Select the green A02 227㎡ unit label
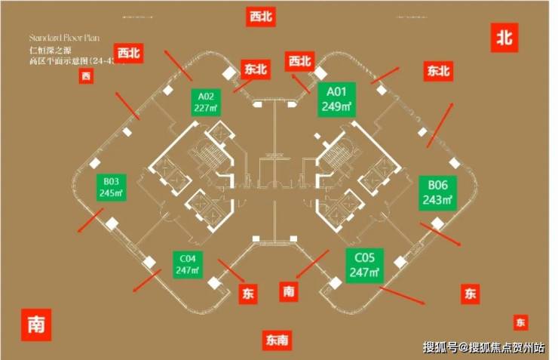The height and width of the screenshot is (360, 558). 207,101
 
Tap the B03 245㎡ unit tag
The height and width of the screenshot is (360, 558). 112,186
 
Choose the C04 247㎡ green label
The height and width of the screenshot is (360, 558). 188,263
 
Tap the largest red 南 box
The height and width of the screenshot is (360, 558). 35,325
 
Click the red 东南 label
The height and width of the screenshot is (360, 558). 277,340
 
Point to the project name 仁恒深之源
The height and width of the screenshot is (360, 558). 48,50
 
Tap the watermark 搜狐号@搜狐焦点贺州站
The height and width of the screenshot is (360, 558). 483,347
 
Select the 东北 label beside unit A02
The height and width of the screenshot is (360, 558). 256,69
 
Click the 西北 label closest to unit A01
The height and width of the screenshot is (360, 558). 299,61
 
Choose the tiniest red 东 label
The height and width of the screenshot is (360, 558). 521,322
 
